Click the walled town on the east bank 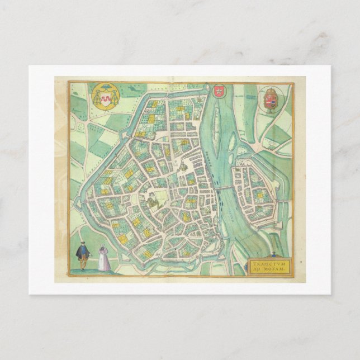[254, 190]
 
